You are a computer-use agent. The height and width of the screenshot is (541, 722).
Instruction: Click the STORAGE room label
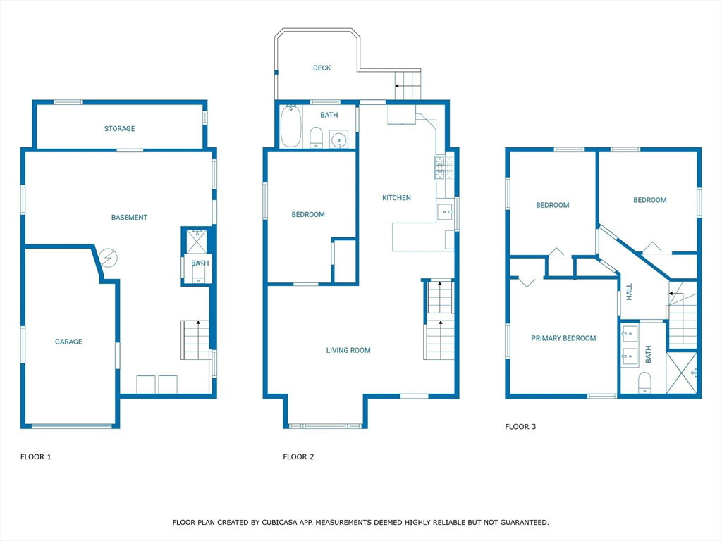pyautogui.click(x=119, y=128)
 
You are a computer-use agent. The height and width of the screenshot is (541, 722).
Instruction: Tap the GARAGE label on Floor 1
pyautogui.click(x=68, y=342)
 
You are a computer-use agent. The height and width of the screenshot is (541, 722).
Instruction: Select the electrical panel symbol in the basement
pyautogui.click(x=109, y=258)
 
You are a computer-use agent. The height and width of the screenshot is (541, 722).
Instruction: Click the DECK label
pyautogui.click(x=322, y=68)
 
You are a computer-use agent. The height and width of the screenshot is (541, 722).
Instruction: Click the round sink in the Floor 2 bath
pyautogui.click(x=339, y=139)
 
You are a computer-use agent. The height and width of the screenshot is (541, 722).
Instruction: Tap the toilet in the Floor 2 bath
pyautogui.click(x=316, y=137)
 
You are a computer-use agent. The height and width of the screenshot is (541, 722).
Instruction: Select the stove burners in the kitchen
pyautogui.click(x=444, y=168)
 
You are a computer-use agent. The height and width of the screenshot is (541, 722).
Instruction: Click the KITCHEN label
pyautogui.click(x=396, y=198)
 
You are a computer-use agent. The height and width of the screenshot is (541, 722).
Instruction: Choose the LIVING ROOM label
pyautogui.click(x=348, y=350)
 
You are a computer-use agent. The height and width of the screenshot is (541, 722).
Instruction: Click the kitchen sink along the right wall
pyautogui.click(x=446, y=212)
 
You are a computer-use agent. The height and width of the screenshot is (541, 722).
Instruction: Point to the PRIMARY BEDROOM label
pyautogui.click(x=563, y=338)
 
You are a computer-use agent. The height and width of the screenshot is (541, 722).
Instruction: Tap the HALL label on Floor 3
pyautogui.click(x=629, y=292)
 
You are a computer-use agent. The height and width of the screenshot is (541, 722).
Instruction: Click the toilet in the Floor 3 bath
pyautogui.click(x=644, y=383)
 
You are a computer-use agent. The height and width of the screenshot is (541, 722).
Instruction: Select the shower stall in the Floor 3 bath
pyautogui.click(x=682, y=373)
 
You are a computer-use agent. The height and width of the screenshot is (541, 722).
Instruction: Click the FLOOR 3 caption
pyautogui.click(x=520, y=426)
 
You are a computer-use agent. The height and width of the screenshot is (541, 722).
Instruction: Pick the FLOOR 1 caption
pyautogui.click(x=36, y=456)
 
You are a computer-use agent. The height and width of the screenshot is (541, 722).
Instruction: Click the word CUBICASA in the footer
pyautogui.click(x=278, y=522)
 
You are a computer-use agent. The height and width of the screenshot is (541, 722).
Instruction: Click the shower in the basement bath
pyautogui.click(x=197, y=241)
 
